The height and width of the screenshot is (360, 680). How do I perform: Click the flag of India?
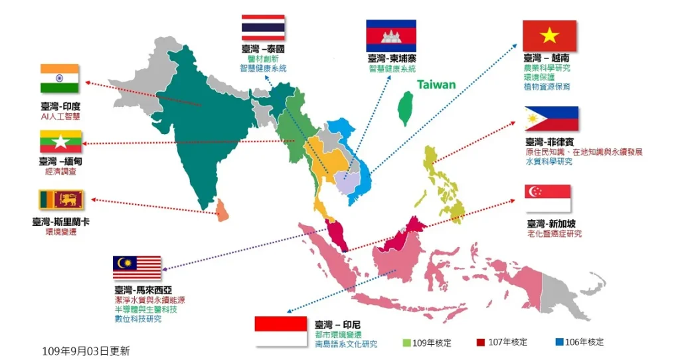point(60,78)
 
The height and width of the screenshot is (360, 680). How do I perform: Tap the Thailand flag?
point(263,28)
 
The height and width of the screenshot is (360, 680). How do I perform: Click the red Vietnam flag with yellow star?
point(549,35)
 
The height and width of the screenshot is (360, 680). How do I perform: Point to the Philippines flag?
point(551,119)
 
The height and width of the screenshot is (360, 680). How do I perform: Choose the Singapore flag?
point(548,198)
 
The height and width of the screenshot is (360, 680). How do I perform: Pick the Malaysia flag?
point(137,268)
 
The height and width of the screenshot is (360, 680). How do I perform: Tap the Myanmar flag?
point(60,141)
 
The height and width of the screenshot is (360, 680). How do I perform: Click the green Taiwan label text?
point(436,84)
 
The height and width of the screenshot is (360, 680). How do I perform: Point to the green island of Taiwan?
point(404,107)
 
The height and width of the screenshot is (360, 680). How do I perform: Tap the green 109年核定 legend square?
point(406,343)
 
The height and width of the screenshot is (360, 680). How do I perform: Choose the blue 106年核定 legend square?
point(559,343)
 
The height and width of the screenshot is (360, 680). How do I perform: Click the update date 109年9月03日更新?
point(86,350)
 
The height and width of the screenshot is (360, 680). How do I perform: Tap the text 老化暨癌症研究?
point(554,234)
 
